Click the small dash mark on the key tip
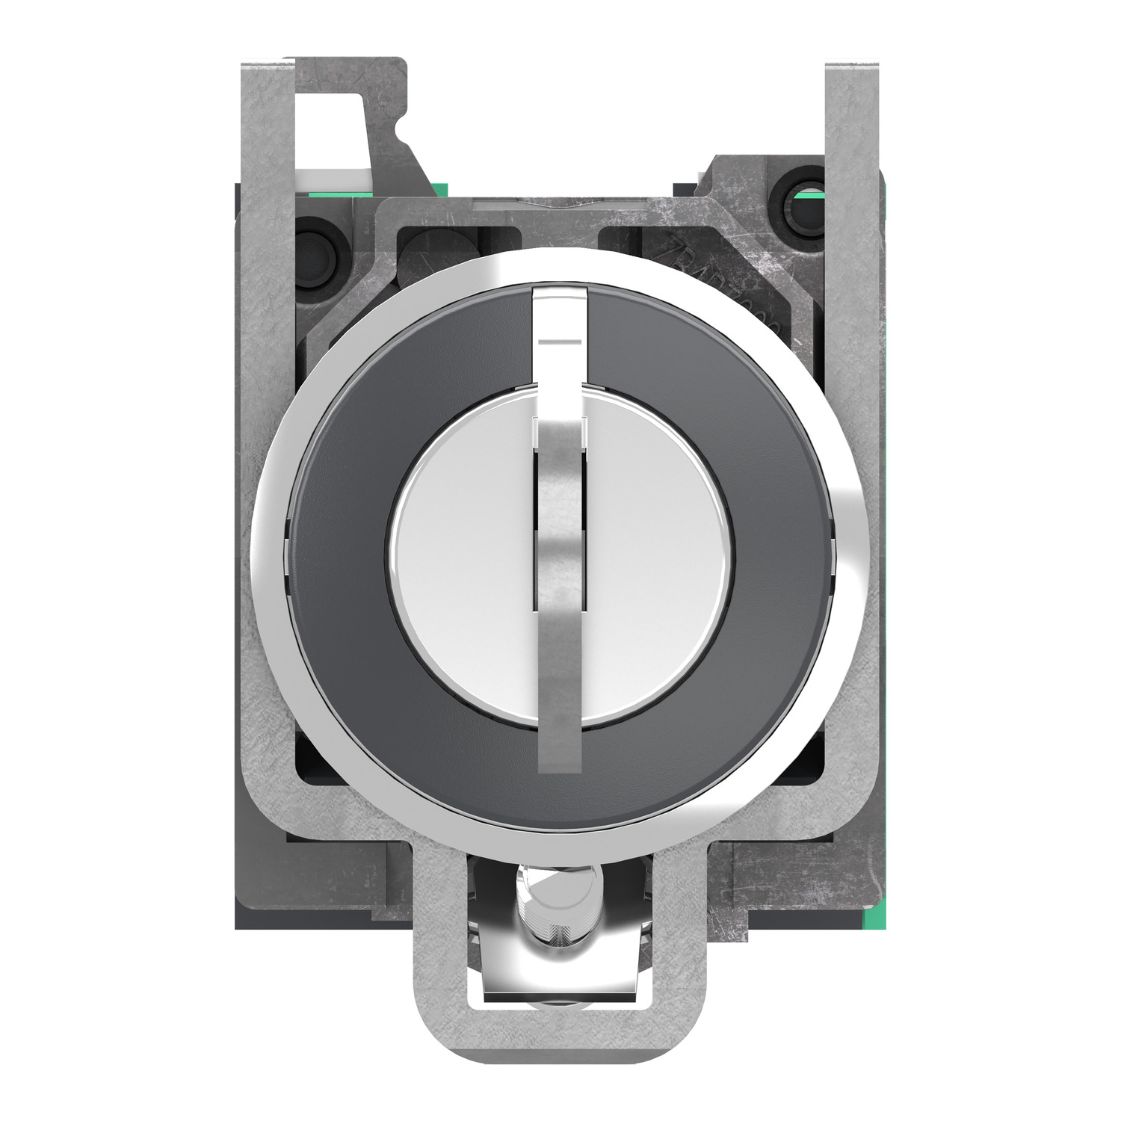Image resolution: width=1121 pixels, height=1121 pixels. click(x=560, y=342)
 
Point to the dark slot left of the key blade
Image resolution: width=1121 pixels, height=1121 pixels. click(x=536, y=523)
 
